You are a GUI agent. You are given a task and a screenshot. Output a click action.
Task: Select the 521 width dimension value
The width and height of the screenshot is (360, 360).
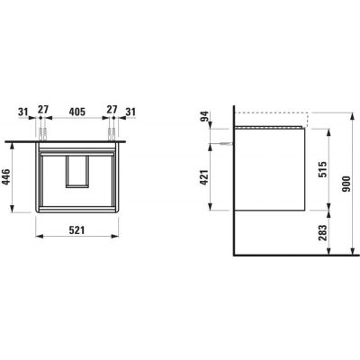[x=76, y=229]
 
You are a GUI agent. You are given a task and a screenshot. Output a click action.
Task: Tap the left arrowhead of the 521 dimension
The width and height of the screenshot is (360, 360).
[x=37, y=238]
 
